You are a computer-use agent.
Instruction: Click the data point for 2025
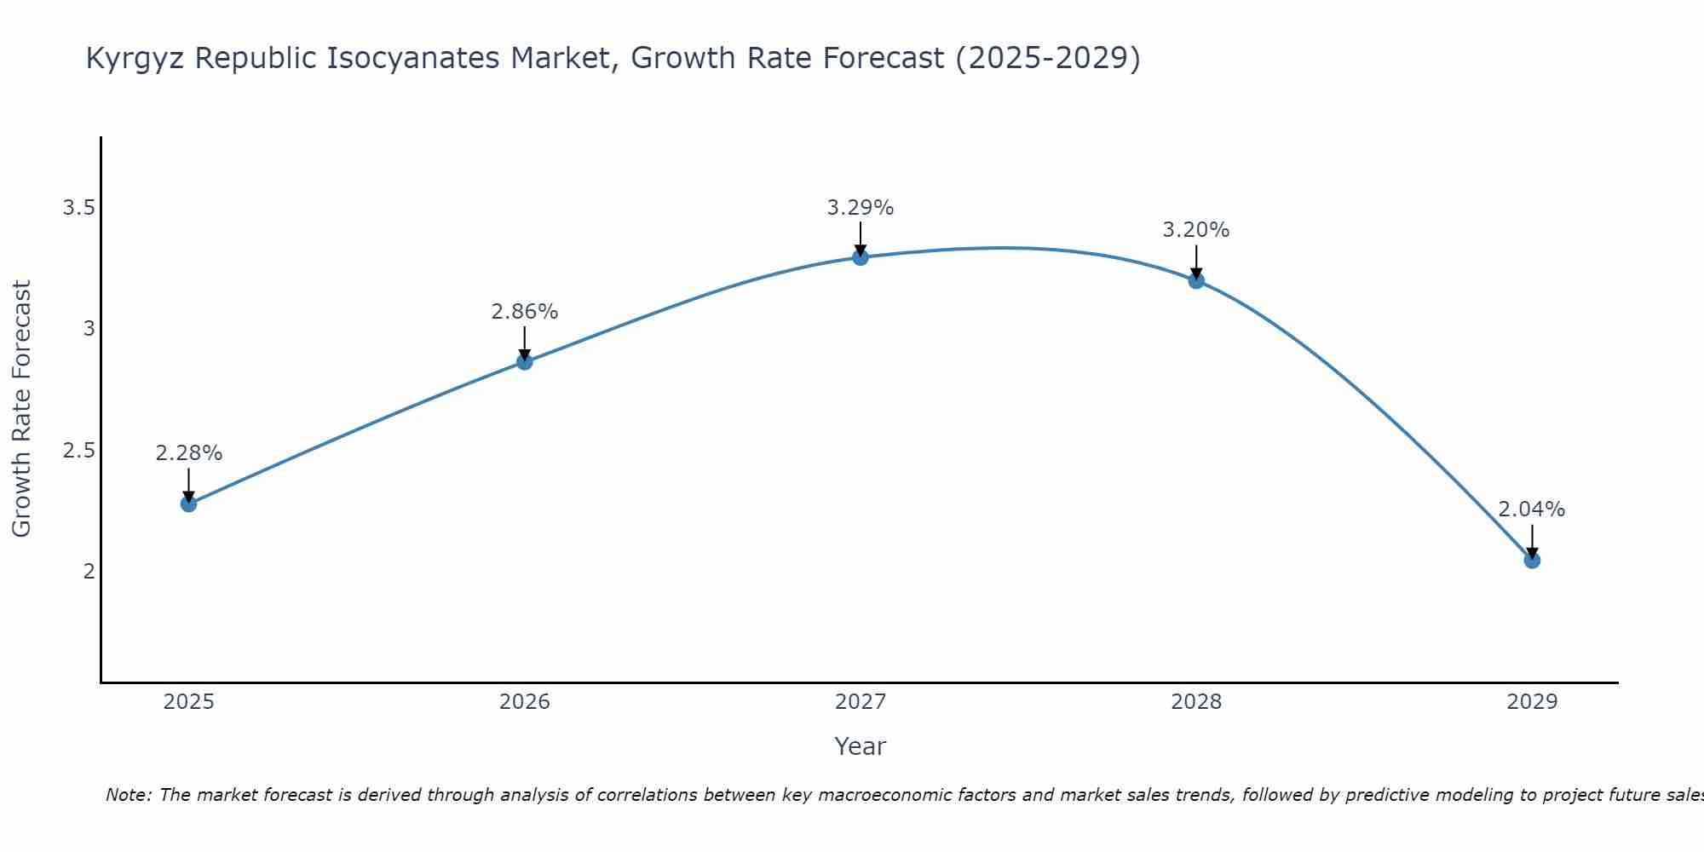pyautogui.click(x=188, y=504)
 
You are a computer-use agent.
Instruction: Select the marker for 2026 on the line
pyautogui.click(x=524, y=362)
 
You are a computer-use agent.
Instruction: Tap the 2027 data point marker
pyautogui.click(x=860, y=257)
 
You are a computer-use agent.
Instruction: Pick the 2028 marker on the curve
pyautogui.click(x=1195, y=280)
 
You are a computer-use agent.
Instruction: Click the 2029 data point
pyautogui.click(x=1531, y=561)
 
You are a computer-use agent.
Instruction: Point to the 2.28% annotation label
pyautogui.click(x=188, y=453)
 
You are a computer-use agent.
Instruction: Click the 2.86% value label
pyautogui.click(x=524, y=312)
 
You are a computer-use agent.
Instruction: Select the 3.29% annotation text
pyautogui.click(x=860, y=207)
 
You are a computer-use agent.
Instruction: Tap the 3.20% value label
pyautogui.click(x=1195, y=230)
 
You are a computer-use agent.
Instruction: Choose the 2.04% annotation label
pyautogui.click(x=1531, y=509)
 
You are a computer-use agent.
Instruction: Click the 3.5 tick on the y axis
pyautogui.click(x=78, y=208)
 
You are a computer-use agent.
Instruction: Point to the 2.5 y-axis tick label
pyautogui.click(x=78, y=450)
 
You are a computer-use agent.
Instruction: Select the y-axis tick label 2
pyautogui.click(x=89, y=571)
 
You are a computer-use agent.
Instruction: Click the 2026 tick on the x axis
pyautogui.click(x=524, y=702)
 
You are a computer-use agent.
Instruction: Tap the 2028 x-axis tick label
pyautogui.click(x=1195, y=702)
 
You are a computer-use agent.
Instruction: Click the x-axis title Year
pyautogui.click(x=860, y=746)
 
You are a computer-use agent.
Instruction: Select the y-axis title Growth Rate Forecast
pyautogui.click(x=21, y=409)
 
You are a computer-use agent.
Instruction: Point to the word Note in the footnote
pyautogui.click(x=128, y=795)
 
